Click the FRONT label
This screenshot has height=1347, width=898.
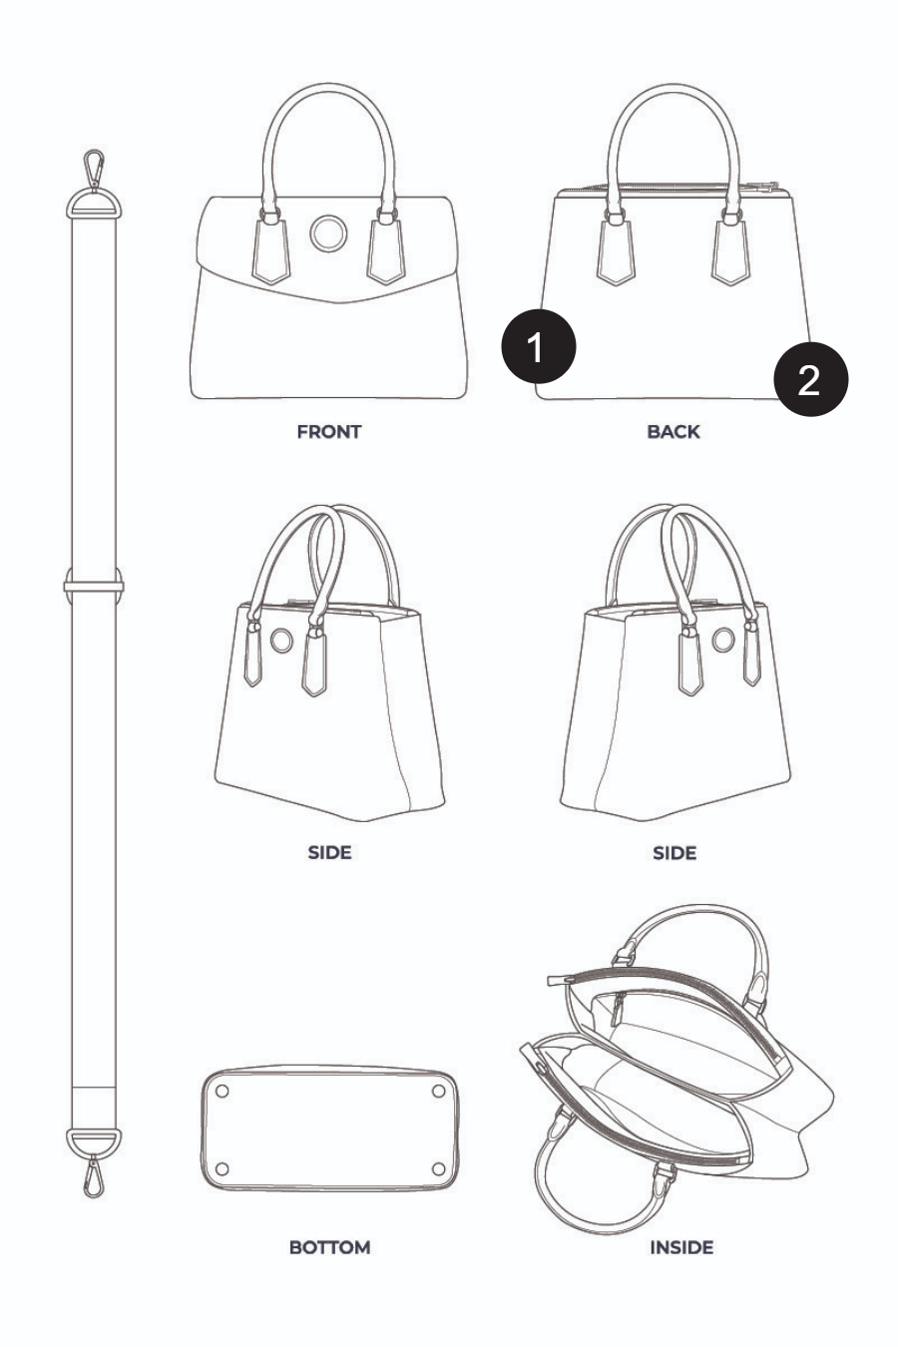pos(329,432)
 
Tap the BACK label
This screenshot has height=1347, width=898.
pos(673,432)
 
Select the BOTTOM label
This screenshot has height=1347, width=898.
pos(329,1248)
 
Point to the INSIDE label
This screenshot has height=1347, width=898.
pos(681,1248)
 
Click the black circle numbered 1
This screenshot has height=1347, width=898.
pos(539,346)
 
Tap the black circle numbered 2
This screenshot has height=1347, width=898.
pos(811,379)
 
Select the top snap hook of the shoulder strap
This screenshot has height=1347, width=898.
pos(94,169)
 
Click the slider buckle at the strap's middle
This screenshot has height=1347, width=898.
pos(94,585)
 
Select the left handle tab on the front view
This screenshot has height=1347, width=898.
pos(270,251)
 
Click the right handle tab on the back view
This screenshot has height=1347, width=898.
pos(730,251)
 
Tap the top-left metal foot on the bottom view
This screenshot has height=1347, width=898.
pos(222,1091)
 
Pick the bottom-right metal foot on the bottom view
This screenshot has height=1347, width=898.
pos(439,1168)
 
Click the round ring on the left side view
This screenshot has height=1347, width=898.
pos(281,640)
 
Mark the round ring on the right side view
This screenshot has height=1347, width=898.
pos(723,640)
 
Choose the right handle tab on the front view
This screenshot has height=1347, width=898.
pos(386,251)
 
